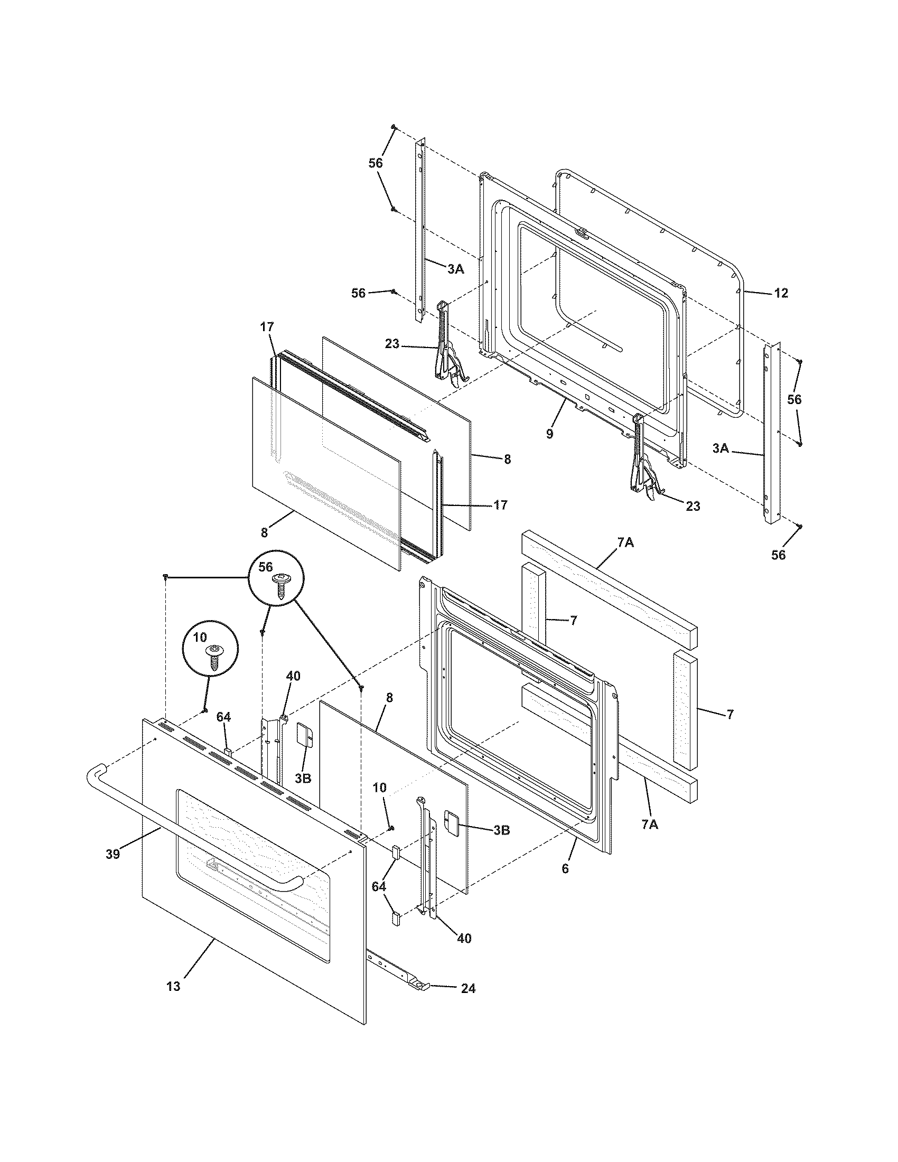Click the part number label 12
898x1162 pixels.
pyautogui.click(x=780, y=293)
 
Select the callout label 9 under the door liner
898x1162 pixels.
pyautogui.click(x=549, y=434)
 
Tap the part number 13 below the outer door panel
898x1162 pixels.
pyautogui.click(x=173, y=987)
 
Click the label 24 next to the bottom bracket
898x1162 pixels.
pyautogui.click(x=468, y=989)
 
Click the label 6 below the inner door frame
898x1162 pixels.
pyautogui.click(x=565, y=869)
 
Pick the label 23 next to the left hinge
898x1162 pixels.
pyautogui.click(x=392, y=344)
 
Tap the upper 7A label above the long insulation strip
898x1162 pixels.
pyautogui.click(x=625, y=542)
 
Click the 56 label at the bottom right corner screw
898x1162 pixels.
pyautogui.click(x=778, y=555)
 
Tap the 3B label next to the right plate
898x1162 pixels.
pyautogui.click(x=502, y=829)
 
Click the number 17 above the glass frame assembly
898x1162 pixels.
pyautogui.click(x=267, y=328)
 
